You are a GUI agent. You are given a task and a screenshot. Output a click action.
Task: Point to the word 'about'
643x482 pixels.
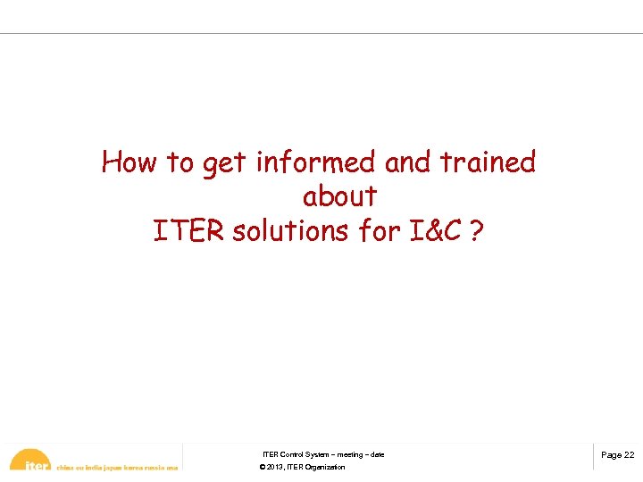[339, 196]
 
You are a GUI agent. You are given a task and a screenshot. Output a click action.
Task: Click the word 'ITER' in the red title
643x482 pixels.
[189, 230]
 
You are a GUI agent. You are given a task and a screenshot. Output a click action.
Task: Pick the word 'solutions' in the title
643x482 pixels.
[291, 230]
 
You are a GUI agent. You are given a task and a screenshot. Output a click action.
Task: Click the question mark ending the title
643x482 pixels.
[476, 230]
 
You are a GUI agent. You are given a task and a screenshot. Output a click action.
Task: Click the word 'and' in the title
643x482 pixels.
[408, 162]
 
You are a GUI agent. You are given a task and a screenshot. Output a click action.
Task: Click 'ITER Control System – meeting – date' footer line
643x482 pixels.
[323, 455]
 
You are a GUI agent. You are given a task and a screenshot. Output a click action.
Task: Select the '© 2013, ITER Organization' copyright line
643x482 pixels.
[302, 468]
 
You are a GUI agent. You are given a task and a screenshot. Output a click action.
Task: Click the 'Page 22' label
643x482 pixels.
[617, 455]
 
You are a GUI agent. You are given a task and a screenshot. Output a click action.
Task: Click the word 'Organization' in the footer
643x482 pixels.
[325, 468]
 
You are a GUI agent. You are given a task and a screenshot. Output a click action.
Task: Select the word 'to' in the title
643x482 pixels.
[180, 162]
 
